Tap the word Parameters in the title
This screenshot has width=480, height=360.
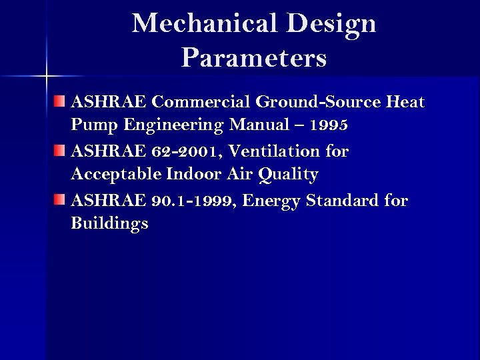click(253, 58)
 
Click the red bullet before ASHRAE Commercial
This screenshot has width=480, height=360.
click(61, 102)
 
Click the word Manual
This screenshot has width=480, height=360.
click(257, 126)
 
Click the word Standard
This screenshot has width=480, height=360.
click(345, 201)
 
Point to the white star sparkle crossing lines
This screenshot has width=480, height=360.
click(46, 75)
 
